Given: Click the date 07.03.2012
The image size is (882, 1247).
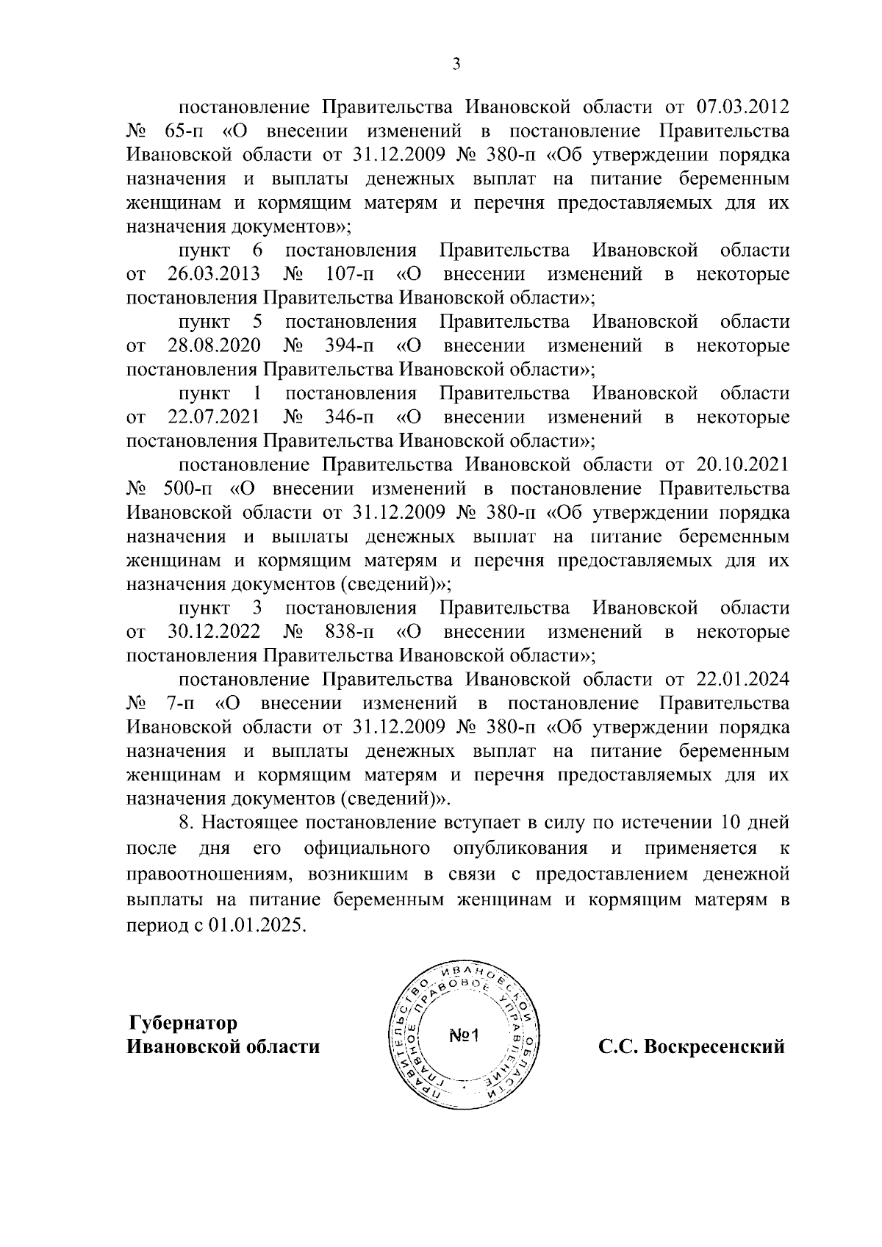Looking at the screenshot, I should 742,108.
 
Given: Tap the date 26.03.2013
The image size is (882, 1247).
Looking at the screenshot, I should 213,274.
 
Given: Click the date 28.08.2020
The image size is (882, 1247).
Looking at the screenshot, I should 213,345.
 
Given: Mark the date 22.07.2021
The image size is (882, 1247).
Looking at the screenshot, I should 213,417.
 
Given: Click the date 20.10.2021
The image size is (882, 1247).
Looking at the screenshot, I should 742,465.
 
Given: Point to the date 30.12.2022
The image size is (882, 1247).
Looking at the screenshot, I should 213,632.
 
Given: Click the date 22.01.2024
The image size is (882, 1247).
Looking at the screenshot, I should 742,680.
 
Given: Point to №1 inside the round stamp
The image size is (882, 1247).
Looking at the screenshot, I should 464,1037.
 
